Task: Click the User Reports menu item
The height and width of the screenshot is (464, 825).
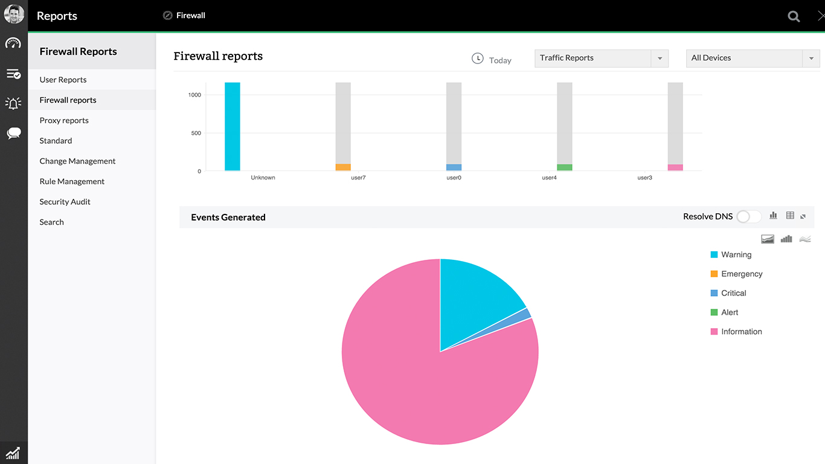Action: tap(63, 80)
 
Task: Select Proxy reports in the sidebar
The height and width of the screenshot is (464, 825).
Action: tap(64, 120)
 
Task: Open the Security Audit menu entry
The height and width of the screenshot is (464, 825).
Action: tap(65, 202)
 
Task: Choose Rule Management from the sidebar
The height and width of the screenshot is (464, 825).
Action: tap(72, 181)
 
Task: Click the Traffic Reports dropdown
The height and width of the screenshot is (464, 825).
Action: tap(601, 58)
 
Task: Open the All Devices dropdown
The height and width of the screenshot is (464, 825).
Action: tap(753, 58)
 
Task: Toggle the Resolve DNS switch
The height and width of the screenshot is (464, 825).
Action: tap(749, 216)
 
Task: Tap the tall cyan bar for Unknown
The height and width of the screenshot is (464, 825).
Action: tap(233, 127)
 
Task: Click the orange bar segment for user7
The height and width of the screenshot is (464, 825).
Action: tap(343, 167)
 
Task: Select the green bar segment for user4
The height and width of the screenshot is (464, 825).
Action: tap(565, 167)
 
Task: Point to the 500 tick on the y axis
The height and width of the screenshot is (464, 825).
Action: tap(195, 133)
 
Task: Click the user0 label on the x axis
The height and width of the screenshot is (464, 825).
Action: tap(454, 178)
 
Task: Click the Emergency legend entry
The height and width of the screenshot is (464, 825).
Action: tap(741, 274)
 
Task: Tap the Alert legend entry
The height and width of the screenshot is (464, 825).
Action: tap(729, 312)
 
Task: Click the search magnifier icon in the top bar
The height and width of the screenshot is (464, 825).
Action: tap(794, 16)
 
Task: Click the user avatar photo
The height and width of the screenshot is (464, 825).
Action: tap(14, 14)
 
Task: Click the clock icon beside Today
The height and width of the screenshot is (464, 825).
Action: tap(477, 59)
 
